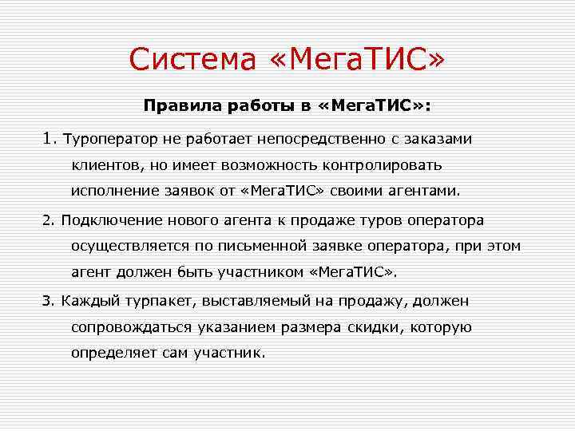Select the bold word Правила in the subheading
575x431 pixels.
176,105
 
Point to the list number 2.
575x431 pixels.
47,219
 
